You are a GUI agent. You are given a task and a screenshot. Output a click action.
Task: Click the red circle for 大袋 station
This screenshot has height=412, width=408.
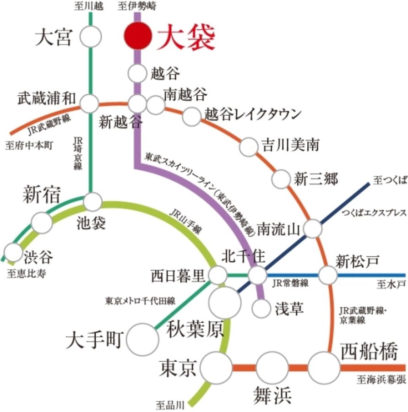click(x=138, y=36)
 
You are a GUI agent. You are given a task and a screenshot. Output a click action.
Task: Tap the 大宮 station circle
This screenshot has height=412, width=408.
click(x=91, y=37)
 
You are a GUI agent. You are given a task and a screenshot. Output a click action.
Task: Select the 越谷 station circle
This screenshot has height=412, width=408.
click(x=137, y=73)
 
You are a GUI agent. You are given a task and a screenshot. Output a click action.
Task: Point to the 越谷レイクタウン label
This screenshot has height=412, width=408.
click(x=253, y=114)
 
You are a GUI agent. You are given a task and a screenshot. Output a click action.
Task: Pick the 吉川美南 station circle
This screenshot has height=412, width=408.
click(x=249, y=146)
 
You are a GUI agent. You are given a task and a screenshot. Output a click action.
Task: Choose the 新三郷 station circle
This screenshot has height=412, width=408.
click(x=281, y=179)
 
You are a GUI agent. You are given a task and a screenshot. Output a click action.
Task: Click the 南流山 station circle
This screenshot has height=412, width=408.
click(x=313, y=228)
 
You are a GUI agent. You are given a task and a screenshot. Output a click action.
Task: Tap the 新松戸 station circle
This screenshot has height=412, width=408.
click(x=328, y=276)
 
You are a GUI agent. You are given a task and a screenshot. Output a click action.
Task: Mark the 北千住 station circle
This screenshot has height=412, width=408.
click(x=257, y=276)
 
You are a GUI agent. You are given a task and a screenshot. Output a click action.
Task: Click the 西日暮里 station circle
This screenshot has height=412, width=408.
click(x=218, y=276)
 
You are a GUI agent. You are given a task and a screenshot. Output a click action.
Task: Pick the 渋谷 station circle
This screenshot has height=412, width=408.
click(x=13, y=252)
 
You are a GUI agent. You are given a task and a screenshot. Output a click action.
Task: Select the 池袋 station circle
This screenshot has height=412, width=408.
click(x=93, y=201)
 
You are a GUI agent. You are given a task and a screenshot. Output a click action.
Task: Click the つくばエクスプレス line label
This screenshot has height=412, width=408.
click(x=374, y=212)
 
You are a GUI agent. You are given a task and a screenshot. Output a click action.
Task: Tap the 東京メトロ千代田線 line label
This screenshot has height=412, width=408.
click(x=140, y=301)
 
